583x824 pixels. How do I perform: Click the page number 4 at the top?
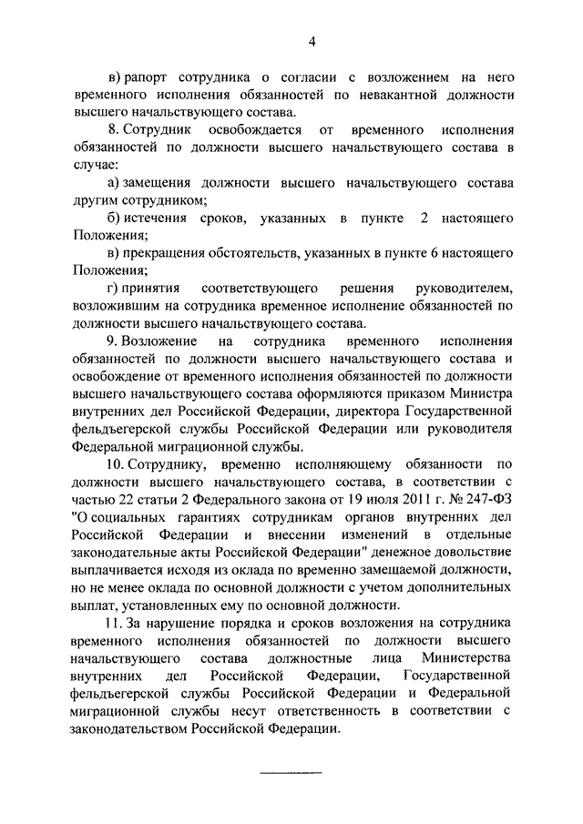tap(312, 41)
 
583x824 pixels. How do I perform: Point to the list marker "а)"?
tap(114, 185)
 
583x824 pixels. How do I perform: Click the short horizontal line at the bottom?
tap(291, 775)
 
